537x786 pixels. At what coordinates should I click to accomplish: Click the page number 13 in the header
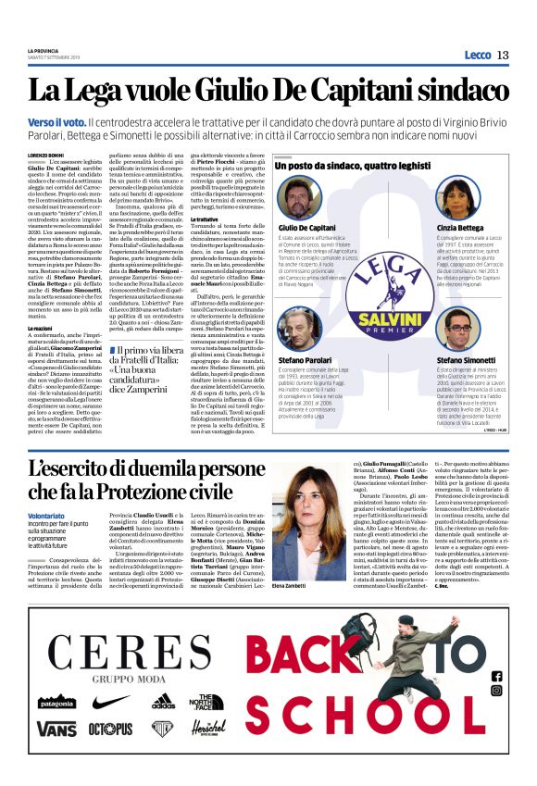[503, 56]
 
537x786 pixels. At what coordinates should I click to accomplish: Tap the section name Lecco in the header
[477, 56]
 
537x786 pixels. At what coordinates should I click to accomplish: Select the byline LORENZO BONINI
[49, 154]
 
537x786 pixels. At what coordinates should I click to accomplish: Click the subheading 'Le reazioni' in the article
[40, 329]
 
